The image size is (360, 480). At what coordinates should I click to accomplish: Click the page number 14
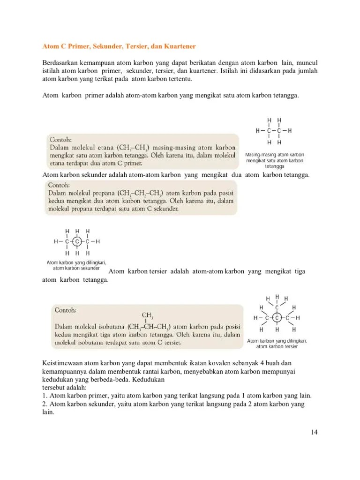coord(314,432)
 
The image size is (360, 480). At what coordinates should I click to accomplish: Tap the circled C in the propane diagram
coord(78,242)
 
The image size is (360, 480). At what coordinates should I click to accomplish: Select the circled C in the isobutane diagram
coord(277,318)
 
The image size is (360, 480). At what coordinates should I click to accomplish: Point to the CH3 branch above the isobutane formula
coord(148,315)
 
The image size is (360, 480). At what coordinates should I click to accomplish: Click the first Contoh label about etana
coord(60,139)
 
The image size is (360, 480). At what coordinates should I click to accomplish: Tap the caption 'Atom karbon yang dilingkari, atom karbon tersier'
coord(277,344)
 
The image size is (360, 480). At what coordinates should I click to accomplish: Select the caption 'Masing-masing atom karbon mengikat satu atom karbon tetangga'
coord(275,160)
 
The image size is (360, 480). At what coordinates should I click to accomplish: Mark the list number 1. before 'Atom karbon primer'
coord(45,395)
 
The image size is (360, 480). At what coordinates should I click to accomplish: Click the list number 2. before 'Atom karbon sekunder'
coord(45,404)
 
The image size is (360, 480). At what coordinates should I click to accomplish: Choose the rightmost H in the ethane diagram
coord(290,131)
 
